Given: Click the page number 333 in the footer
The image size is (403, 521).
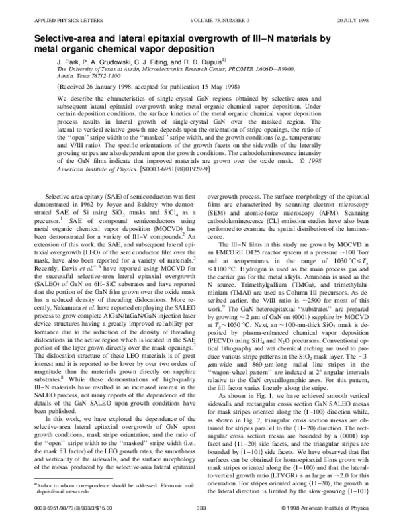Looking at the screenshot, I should [x=201, y=508].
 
